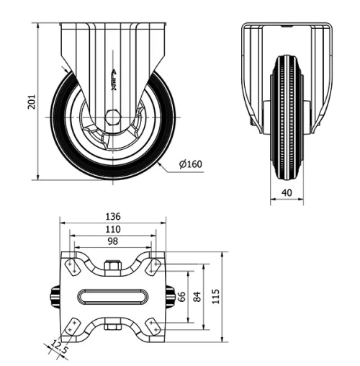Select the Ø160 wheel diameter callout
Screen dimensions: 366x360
(x=190, y=164)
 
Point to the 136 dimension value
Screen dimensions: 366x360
(x=112, y=216)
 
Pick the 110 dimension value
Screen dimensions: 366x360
(x=112, y=228)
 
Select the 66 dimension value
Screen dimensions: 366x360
(x=183, y=296)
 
